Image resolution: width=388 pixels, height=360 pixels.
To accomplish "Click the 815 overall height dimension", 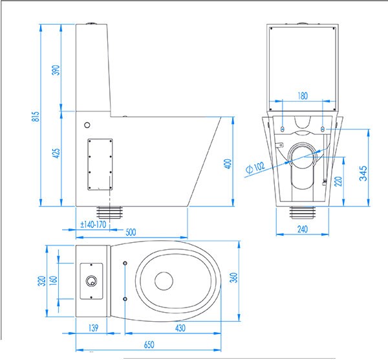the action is pyautogui.click(x=36, y=116).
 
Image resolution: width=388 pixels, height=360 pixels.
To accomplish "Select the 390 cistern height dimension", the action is pyautogui.click(x=57, y=70).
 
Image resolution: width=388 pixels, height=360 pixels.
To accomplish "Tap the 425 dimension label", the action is pyautogui.click(x=57, y=153).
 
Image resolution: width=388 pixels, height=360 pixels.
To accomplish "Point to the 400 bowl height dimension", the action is pyautogui.click(x=228, y=164).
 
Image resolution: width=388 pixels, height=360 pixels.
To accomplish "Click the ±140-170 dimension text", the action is pyautogui.click(x=93, y=225).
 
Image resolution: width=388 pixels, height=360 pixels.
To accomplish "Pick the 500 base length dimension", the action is pyautogui.click(x=131, y=232).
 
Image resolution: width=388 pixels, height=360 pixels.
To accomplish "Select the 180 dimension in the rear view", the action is pyautogui.click(x=303, y=96).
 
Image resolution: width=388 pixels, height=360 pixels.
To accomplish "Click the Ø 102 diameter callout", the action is pyautogui.click(x=255, y=167).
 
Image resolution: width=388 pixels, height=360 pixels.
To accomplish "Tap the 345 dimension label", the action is pyautogui.click(x=363, y=174).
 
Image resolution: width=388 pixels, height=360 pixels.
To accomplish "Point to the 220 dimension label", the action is pyautogui.click(x=338, y=181).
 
